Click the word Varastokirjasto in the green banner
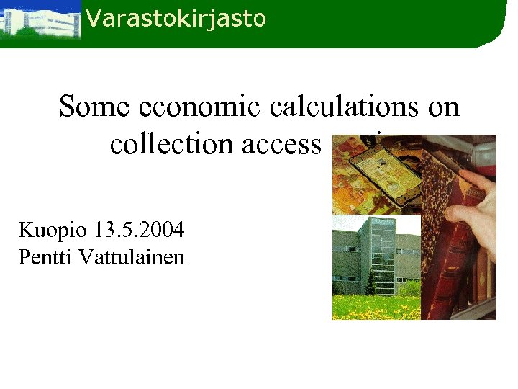176,18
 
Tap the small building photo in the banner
40,21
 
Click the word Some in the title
94,107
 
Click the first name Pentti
42,257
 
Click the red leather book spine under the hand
439,274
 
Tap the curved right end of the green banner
496,25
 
